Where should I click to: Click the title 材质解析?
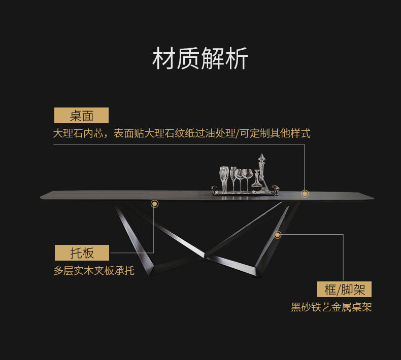click(x=200, y=58)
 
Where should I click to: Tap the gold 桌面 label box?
click(x=81, y=115)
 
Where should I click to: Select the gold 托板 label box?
click(x=82, y=253)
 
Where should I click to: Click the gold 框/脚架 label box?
click(x=344, y=289)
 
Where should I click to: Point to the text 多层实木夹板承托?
click(x=94, y=271)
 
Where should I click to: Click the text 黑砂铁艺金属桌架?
click(x=331, y=307)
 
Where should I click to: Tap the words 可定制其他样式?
click(x=275, y=133)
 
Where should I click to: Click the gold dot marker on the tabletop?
click(x=305, y=194)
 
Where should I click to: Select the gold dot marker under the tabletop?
click(x=154, y=204)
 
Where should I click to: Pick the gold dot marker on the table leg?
click(x=278, y=235)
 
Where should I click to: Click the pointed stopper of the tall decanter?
click(x=261, y=157)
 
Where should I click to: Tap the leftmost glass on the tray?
click(x=224, y=179)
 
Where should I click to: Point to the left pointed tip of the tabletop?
click(x=40, y=197)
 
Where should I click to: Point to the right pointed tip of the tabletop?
click(x=374, y=198)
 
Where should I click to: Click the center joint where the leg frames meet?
click(x=206, y=256)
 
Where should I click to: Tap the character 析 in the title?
click(x=237, y=58)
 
